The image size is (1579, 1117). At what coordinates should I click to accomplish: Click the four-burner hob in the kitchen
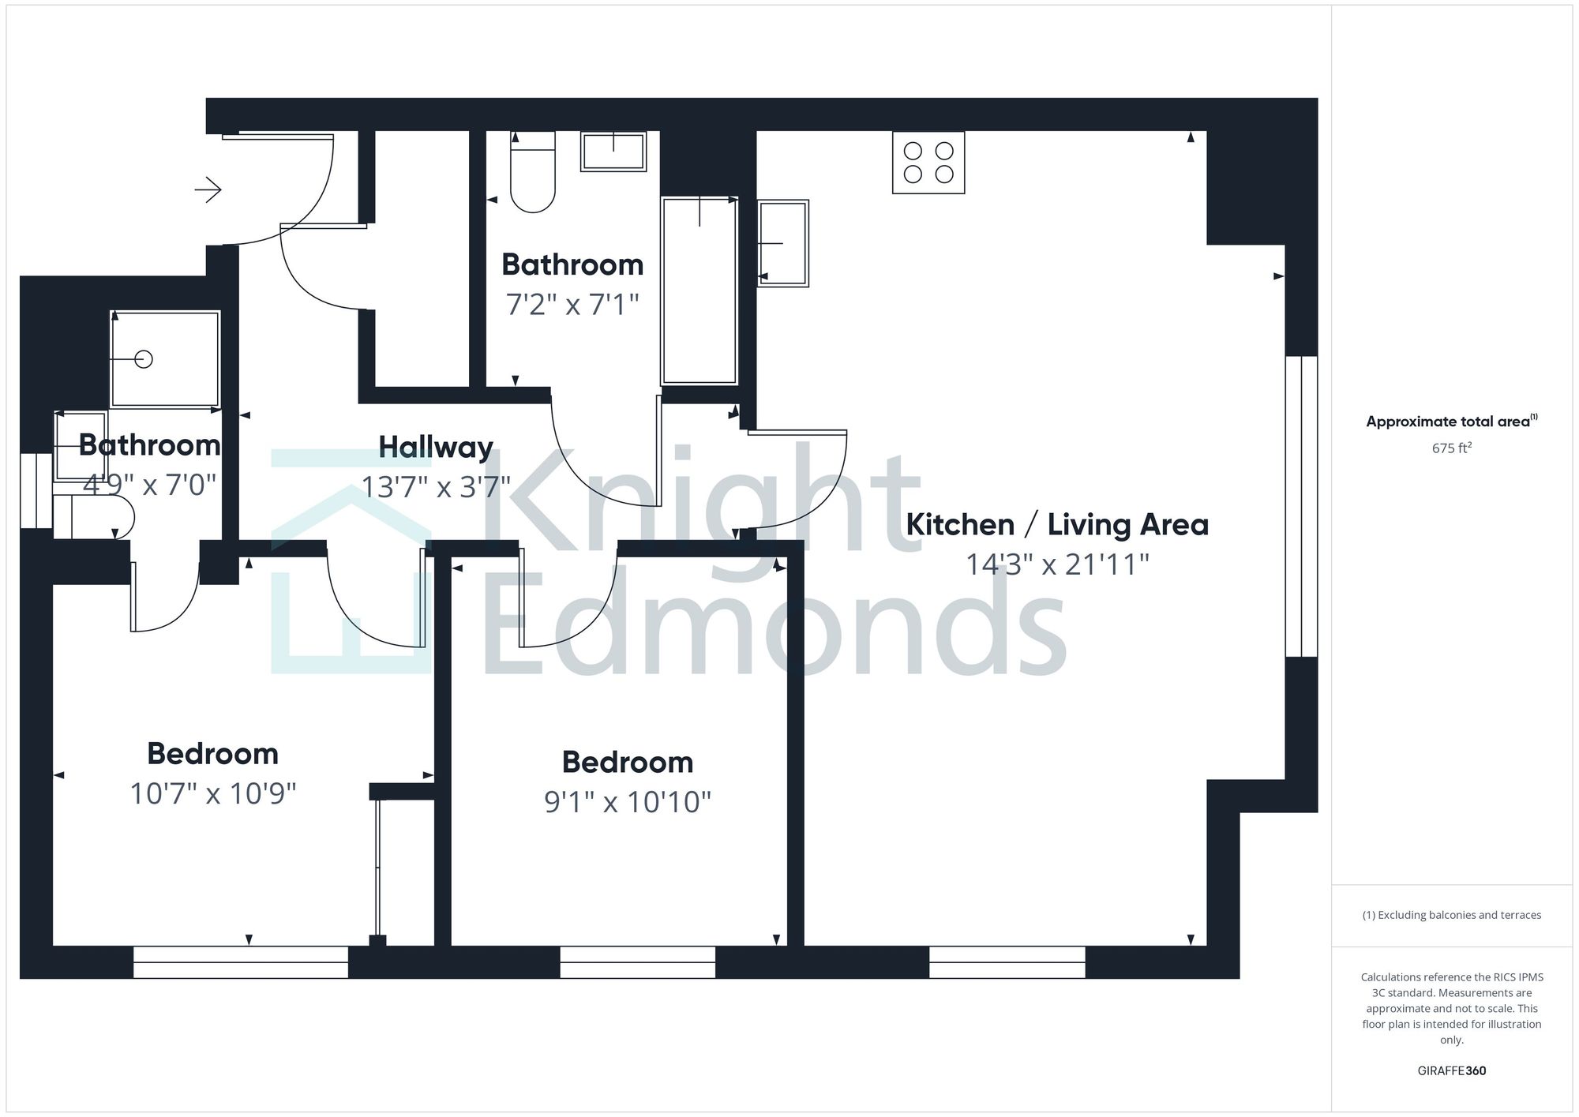pyautogui.click(x=928, y=163)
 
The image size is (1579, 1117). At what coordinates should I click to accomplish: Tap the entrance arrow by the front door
pyautogui.click(x=208, y=189)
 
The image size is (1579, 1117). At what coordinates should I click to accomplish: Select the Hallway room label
pyautogui.click(x=436, y=448)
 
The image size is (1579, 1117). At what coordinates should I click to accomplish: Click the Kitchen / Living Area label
pyautogui.click(x=1056, y=525)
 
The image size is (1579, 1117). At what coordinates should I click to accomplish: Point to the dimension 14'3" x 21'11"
pyautogui.click(x=1057, y=564)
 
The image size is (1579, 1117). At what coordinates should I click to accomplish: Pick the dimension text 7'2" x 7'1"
pyautogui.click(x=572, y=304)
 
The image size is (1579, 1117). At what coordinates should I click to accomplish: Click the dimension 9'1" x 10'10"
pyautogui.click(x=628, y=802)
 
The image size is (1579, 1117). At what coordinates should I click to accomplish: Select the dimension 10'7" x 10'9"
pyautogui.click(x=213, y=793)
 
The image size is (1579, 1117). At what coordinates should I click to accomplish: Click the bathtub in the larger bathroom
pyautogui.click(x=699, y=290)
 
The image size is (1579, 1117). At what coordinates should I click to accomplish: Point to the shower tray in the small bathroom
pyautogui.click(x=164, y=359)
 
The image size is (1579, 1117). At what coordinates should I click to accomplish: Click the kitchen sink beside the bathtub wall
pyautogui.click(x=783, y=242)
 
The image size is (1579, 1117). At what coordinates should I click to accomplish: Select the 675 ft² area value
pyautogui.click(x=1451, y=448)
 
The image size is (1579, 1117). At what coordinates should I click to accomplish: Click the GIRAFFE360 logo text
pyautogui.click(x=1451, y=1071)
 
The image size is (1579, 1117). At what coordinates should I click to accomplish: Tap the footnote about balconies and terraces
pyautogui.click(x=1451, y=916)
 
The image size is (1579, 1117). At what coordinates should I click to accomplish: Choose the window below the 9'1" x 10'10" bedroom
pyautogui.click(x=637, y=962)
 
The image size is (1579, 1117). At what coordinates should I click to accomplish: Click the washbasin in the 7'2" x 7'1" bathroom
pyautogui.click(x=613, y=151)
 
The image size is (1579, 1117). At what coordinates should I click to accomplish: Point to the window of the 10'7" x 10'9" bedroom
pyautogui.click(x=240, y=962)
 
